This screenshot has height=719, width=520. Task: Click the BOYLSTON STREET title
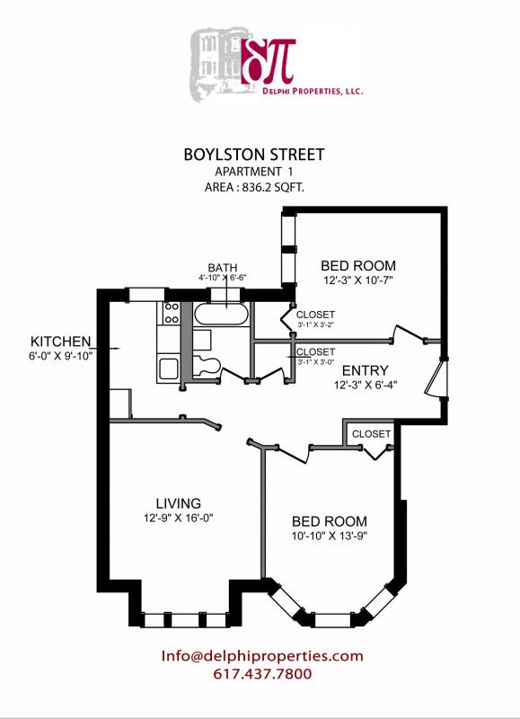pos(254,155)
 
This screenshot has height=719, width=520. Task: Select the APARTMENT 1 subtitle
pos(254,172)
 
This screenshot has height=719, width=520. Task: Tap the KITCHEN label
pos(61,342)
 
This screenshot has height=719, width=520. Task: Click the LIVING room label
pos(178,502)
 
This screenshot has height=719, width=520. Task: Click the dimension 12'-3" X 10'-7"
pos(358,280)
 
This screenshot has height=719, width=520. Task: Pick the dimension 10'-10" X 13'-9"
pos(331,537)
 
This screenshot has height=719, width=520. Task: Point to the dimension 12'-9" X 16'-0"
pos(178,518)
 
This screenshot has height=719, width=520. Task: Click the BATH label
pos(222,268)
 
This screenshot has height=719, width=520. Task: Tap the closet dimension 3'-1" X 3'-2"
pos(315,325)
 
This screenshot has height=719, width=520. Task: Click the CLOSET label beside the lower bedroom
pos(371,434)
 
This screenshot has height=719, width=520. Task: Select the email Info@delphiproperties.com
pos(262,656)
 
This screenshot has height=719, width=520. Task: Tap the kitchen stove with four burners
pos(169,314)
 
